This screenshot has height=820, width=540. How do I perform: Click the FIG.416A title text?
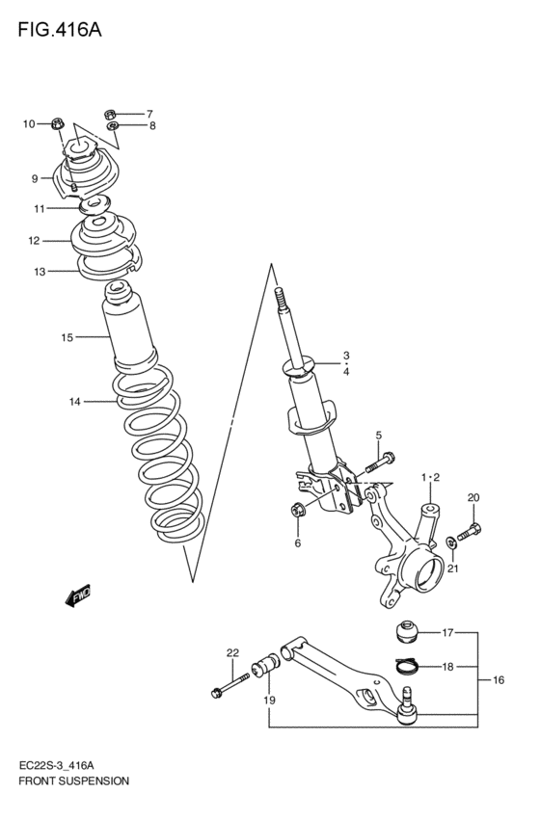[59, 29]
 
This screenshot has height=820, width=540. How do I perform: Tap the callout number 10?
[29, 123]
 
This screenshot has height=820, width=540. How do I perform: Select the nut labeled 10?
[58, 123]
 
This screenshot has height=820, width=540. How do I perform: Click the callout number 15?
[67, 337]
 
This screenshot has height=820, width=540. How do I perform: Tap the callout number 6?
[297, 543]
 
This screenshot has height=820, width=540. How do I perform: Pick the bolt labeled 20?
[470, 528]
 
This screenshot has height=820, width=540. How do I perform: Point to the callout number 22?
[231, 653]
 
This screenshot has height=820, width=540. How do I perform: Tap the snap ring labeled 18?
[407, 664]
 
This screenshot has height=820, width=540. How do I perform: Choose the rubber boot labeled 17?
[407, 634]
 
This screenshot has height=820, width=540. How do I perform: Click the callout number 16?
[499, 680]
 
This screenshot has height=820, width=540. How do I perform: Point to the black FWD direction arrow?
[78, 596]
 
